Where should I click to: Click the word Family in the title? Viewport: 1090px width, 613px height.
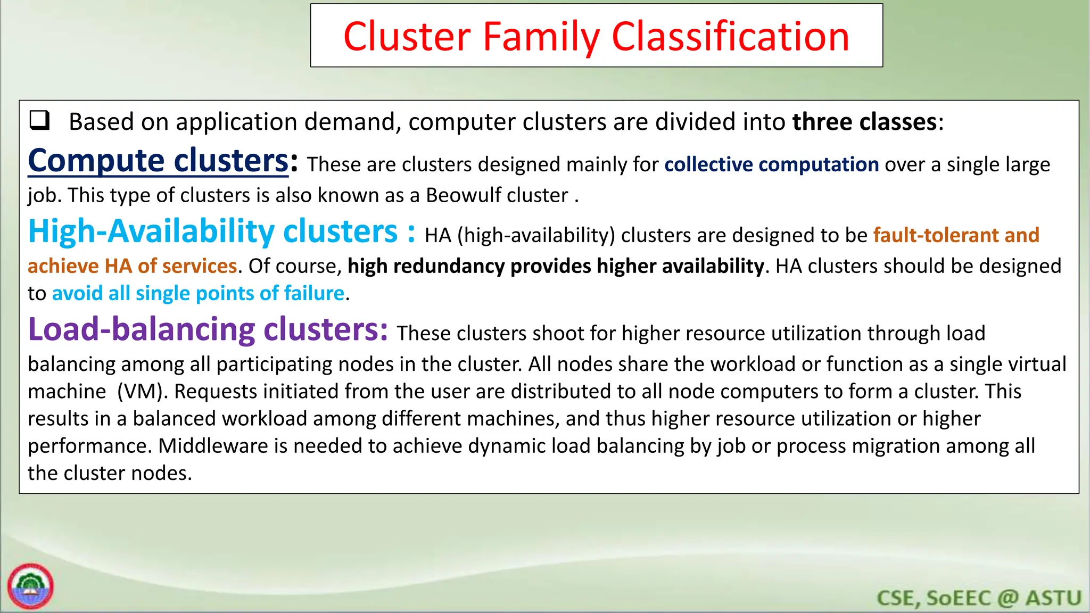[542, 37]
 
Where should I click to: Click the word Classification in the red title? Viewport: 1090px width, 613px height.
[730, 37]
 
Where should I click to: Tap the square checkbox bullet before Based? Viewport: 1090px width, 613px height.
[39, 121]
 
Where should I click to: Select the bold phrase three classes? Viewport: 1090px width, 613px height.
[864, 122]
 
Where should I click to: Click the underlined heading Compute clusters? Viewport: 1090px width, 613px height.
[158, 161]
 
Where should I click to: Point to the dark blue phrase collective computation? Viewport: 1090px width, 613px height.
[771, 164]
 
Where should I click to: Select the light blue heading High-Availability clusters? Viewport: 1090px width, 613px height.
[213, 232]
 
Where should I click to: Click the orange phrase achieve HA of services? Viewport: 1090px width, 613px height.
[132, 266]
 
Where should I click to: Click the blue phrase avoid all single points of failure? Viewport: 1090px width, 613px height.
[198, 293]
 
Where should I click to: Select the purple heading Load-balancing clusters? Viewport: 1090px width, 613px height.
[208, 329]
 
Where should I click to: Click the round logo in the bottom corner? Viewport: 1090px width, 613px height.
[30, 586]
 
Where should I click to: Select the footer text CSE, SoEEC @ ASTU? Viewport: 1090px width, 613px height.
[978, 598]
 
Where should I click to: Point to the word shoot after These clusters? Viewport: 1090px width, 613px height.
[558, 334]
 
